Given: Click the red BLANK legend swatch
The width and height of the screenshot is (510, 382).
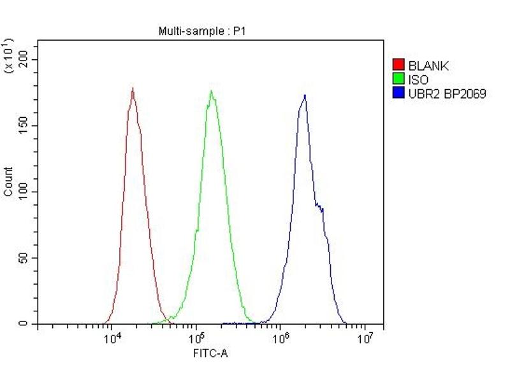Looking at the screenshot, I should click(398, 65).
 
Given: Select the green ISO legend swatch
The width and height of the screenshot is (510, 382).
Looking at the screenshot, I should click(398, 80).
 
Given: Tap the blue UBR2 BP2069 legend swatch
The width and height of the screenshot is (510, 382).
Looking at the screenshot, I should click(398, 94).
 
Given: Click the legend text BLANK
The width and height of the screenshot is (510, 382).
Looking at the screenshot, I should click(428, 65).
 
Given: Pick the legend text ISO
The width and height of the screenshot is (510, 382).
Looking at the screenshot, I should click(418, 80).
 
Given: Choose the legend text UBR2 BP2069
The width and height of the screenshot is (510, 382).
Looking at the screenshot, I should click(447, 94).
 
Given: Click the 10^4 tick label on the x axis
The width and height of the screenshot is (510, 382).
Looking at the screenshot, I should click(112, 339).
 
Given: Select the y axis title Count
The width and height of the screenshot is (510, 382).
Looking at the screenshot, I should click(8, 181).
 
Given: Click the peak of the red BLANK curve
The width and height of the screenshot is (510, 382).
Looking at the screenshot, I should click(133, 88).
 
